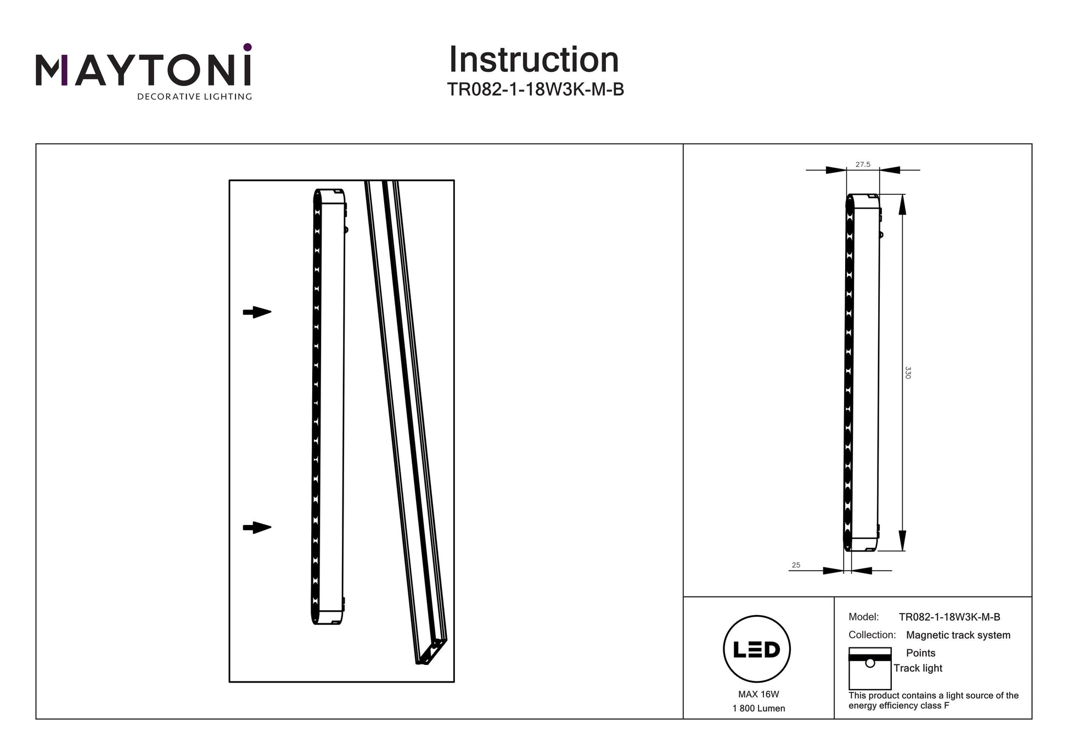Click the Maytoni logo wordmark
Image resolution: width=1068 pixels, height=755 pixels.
pyautogui.click(x=144, y=70)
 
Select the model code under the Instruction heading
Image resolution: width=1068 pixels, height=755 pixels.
pyautogui.click(x=535, y=89)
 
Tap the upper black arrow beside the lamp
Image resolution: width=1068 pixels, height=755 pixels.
pyautogui.click(x=257, y=312)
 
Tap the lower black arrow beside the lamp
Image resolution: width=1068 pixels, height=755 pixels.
pyautogui.click(x=257, y=528)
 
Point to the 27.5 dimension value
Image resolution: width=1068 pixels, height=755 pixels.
pyautogui.click(x=863, y=164)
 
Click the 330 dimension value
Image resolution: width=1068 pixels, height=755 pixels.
pyautogui.click(x=908, y=373)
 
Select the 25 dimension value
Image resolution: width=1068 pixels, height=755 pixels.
pyautogui.click(x=796, y=565)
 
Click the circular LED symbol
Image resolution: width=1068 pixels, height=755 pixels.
pyautogui.click(x=757, y=649)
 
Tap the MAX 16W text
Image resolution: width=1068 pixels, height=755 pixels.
pyautogui.click(x=758, y=694)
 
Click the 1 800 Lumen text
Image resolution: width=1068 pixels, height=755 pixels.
pyautogui.click(x=758, y=708)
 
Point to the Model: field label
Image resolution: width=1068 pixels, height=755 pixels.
pyautogui.click(x=863, y=617)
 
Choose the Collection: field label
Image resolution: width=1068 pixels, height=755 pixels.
pyautogui.click(x=872, y=635)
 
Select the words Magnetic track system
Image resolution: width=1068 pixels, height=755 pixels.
pyautogui.click(x=958, y=635)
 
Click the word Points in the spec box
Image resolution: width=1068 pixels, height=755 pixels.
pyautogui.click(x=920, y=653)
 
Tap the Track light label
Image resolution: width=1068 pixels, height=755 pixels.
pyautogui.click(x=918, y=668)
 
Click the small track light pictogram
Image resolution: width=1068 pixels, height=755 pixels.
pyautogui.click(x=869, y=668)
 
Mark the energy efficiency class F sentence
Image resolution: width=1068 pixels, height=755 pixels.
pyautogui.click(x=933, y=700)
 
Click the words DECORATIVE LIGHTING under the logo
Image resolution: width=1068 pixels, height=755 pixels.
pyautogui.click(x=194, y=97)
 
